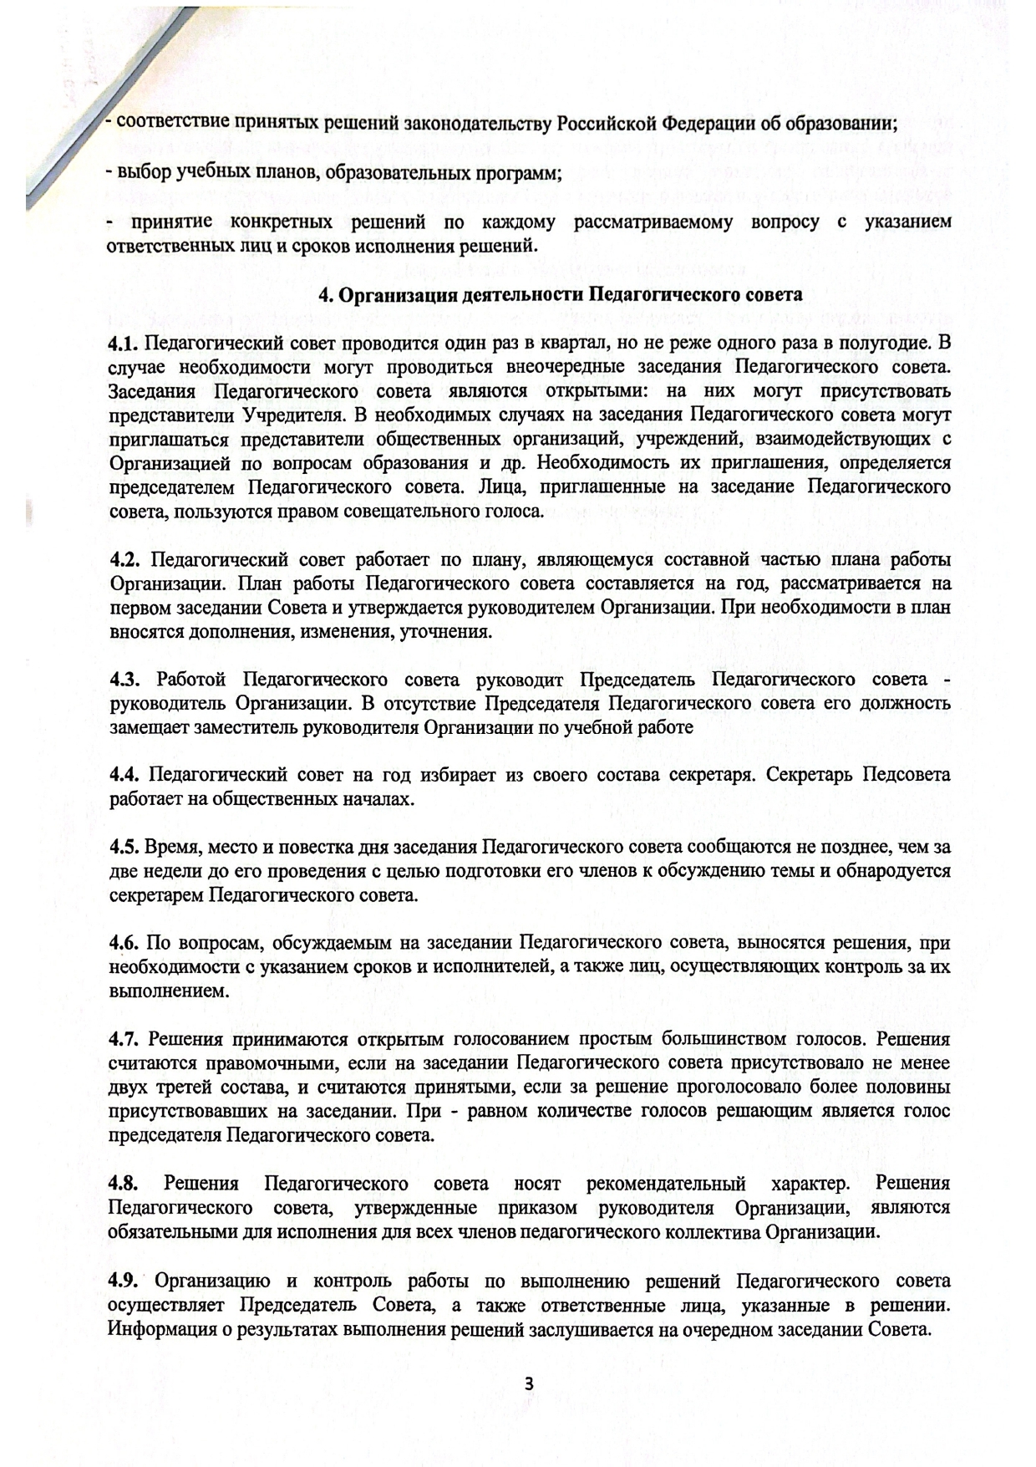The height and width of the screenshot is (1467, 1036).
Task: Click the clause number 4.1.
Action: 125,343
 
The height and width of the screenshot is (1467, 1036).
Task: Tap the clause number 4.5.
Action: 125,847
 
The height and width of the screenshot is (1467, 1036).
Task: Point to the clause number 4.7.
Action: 125,1039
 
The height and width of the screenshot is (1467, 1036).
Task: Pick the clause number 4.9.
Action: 125,1281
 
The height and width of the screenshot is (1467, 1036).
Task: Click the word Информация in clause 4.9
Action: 153,1329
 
